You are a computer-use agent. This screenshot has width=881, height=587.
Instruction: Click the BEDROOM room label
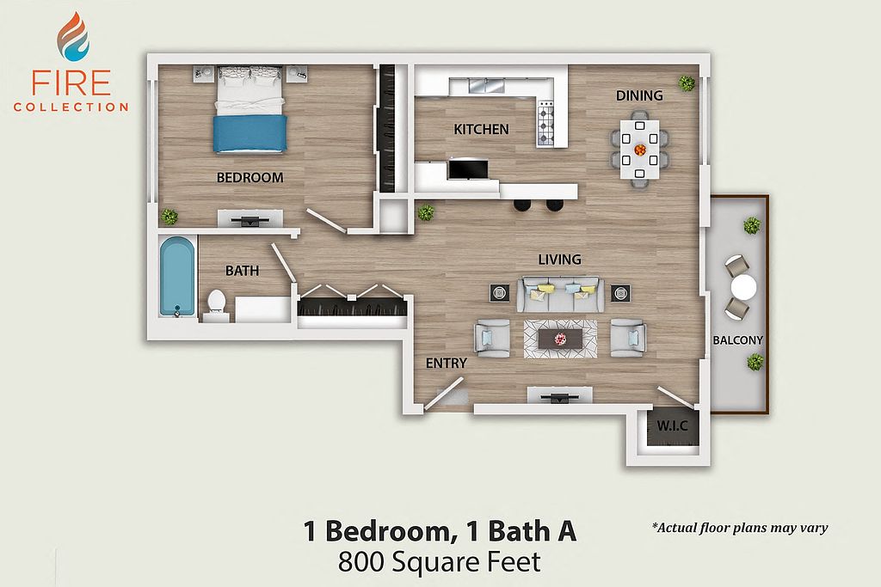pyautogui.click(x=250, y=177)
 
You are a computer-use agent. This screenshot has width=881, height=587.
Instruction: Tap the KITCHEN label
pyautogui.click(x=482, y=130)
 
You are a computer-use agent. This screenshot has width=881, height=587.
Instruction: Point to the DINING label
pyautogui.click(x=639, y=96)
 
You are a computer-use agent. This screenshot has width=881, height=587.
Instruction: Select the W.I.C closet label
pyautogui.click(x=672, y=426)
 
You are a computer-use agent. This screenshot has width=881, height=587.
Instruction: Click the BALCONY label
pyautogui.click(x=737, y=340)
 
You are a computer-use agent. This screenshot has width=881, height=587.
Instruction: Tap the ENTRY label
pyautogui.click(x=447, y=364)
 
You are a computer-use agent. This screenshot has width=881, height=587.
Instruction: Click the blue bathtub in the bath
pyautogui.click(x=177, y=276)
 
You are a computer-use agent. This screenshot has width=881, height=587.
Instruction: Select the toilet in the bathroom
pyautogui.click(x=216, y=302)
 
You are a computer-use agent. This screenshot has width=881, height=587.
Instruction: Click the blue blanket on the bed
pyautogui.click(x=250, y=133)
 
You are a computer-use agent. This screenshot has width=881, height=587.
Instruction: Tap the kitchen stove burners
pyautogui.click(x=545, y=123)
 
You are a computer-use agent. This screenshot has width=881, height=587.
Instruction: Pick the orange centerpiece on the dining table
pyautogui.click(x=640, y=150)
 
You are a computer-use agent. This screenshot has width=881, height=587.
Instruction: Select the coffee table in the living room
pyautogui.click(x=560, y=339)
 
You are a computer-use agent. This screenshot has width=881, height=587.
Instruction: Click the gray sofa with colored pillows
pyautogui.click(x=560, y=294)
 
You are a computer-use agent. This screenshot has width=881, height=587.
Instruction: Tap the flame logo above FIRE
pyautogui.click(x=72, y=36)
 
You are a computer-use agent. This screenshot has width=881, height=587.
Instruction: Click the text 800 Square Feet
pyautogui.click(x=440, y=562)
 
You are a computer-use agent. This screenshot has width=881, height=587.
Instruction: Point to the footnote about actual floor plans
pyautogui.click(x=740, y=528)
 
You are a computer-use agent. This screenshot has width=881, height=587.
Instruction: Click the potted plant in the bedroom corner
pyautogui.click(x=169, y=216)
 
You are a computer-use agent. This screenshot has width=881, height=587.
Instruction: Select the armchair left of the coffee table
pyautogui.click(x=493, y=338)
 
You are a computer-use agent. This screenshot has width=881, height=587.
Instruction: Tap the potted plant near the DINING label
pyautogui.click(x=686, y=83)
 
